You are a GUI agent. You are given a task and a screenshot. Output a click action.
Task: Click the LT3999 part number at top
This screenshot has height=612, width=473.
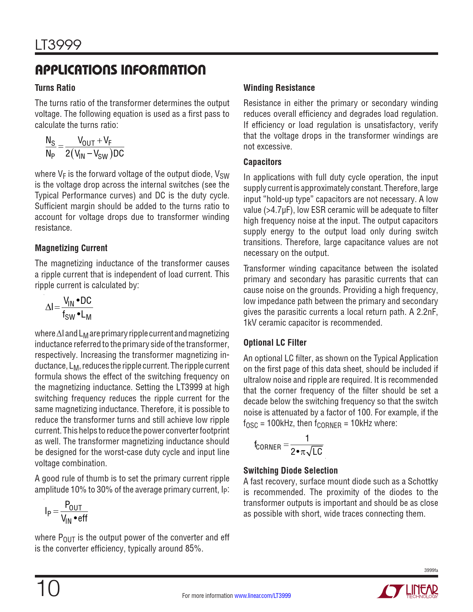[58, 45]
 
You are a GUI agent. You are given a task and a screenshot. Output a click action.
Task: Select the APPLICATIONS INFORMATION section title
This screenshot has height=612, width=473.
[120, 69]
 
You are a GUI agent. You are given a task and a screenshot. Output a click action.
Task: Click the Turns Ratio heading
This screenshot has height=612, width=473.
[55, 88]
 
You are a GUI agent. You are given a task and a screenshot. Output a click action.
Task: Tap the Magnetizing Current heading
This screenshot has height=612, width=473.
[71, 248]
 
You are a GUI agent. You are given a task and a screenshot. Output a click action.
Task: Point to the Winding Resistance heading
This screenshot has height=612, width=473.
[279, 88]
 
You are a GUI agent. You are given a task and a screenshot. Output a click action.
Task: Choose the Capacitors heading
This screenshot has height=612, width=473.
[262, 162]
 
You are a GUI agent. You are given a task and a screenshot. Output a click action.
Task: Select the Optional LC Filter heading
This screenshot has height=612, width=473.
[275, 343]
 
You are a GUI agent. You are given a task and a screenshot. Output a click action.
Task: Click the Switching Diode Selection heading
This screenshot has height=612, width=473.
[290, 471]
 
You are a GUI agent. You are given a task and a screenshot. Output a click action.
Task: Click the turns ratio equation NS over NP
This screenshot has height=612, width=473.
[85, 147]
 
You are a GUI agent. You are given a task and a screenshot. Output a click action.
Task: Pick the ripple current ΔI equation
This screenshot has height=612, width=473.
[69, 308]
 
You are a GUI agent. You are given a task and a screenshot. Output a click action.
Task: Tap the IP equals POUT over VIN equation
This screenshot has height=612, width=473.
[66, 512]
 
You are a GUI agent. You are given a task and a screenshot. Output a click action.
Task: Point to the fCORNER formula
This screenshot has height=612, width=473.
[289, 445]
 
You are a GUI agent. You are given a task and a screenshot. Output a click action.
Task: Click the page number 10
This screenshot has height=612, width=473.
[48, 589]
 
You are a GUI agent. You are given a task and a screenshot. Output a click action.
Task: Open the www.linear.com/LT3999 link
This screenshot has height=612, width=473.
[263, 596]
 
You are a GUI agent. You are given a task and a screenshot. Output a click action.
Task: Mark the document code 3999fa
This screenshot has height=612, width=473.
[431, 570]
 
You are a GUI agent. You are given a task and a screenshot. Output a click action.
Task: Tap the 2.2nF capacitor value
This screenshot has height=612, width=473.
[427, 312]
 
